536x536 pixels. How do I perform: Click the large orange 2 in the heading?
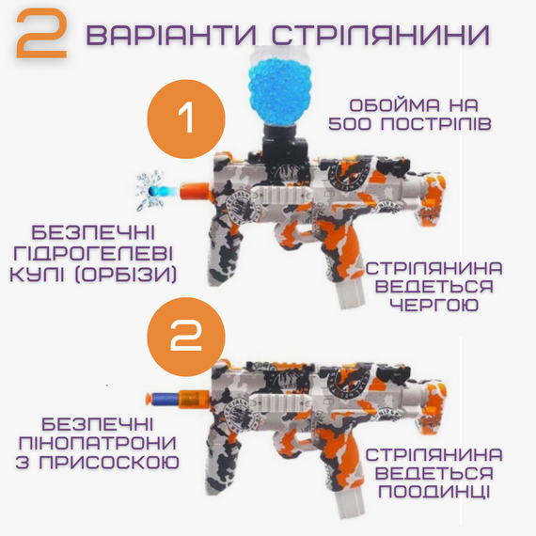(43, 37)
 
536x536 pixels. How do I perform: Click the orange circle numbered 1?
(186, 118)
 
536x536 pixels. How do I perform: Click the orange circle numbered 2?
(186, 336)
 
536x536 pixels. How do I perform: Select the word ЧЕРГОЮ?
(434, 307)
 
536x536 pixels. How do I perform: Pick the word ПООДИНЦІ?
(434, 492)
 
